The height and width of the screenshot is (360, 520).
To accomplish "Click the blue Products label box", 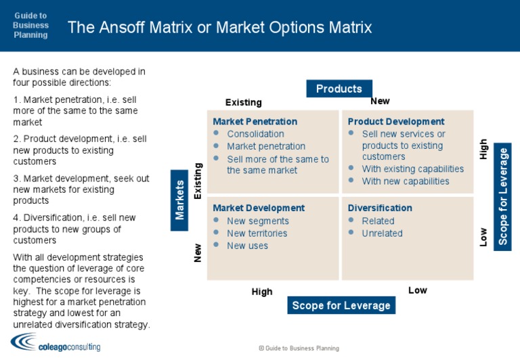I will click(339, 89).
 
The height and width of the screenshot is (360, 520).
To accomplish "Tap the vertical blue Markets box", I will click(179, 200).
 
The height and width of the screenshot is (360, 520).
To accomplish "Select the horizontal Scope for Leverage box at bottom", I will click(341, 305).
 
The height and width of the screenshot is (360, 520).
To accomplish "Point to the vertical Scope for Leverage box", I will click(503, 196).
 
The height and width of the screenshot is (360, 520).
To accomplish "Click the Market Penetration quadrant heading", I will click(255, 122).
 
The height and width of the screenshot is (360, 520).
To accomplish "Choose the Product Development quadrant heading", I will click(396, 122).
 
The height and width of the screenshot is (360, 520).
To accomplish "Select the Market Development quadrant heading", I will click(259, 208).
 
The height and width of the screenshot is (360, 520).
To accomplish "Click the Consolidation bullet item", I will click(255, 134).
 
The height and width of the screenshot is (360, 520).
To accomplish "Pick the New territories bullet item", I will click(257, 233).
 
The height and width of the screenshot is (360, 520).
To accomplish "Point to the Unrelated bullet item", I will click(382, 233).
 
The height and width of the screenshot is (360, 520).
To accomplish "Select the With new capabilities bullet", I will click(406, 181).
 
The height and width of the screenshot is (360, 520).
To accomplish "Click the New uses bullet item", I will click(247, 246).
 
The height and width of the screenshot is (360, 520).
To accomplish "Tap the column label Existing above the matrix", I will click(243, 103).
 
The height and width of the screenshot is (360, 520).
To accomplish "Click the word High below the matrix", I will click(262, 292).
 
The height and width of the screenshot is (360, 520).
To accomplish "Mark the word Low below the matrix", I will click(418, 290).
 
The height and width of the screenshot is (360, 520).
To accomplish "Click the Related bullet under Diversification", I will click(378, 221).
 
